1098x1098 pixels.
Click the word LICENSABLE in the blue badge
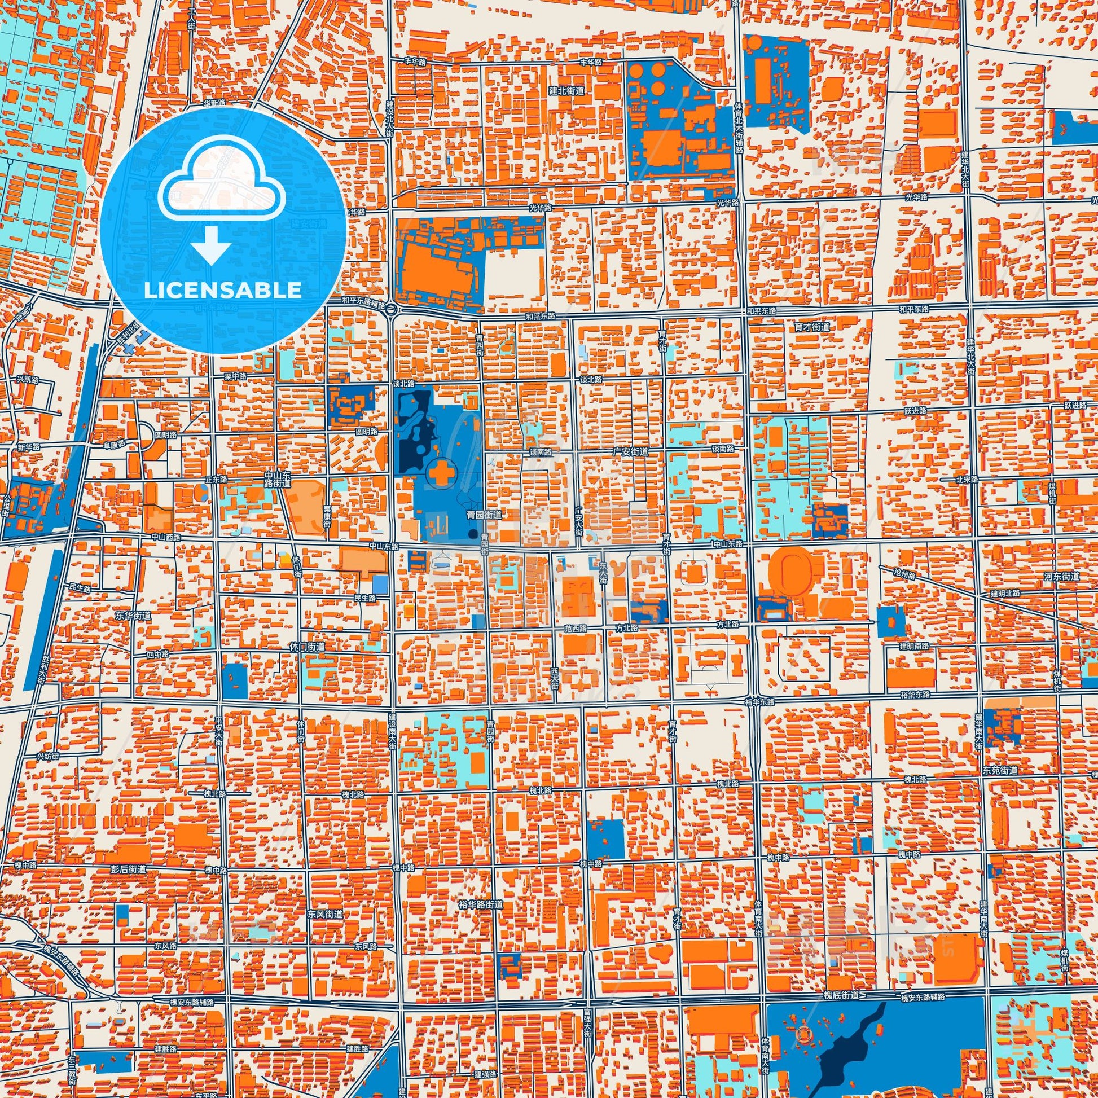pos(223,291)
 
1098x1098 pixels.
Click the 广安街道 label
pos(631,451)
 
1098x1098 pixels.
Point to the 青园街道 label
pos(484,515)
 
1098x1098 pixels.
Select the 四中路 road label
pos(158,655)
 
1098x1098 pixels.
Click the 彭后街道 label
pos(129,869)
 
